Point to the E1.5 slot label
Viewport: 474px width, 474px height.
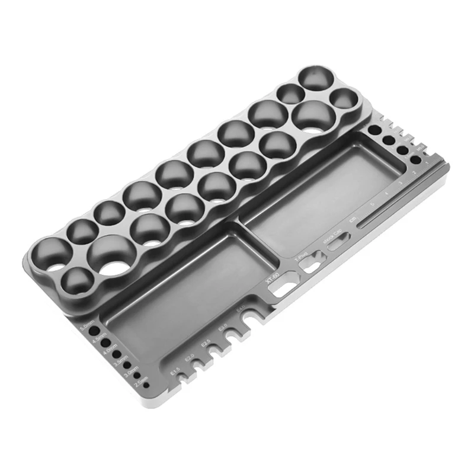click(x=174, y=371)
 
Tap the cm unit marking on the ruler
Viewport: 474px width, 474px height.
click(x=353, y=219)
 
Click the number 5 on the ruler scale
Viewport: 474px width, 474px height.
click(x=371, y=204)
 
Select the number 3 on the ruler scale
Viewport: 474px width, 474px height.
click(x=401, y=184)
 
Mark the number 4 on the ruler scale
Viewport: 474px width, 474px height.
click(x=386, y=194)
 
